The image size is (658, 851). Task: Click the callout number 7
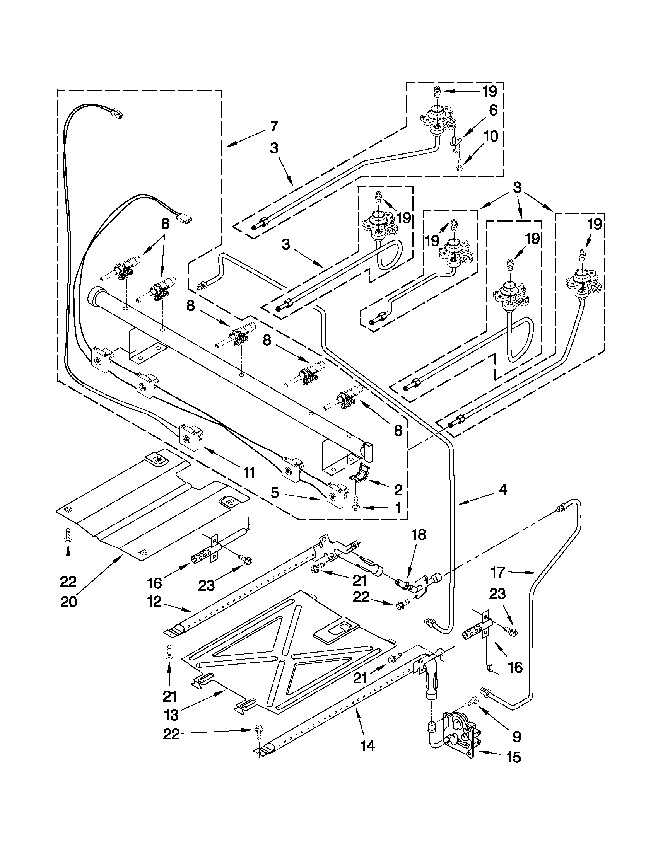(274, 127)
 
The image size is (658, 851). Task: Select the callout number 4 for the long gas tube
(503, 490)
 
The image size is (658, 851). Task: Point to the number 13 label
(171, 715)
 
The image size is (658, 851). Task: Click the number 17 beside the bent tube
(498, 572)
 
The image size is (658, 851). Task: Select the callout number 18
(419, 535)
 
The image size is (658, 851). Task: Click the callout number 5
(275, 493)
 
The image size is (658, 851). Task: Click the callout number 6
(493, 111)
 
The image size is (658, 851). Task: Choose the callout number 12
(154, 602)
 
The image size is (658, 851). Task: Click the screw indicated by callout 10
(459, 165)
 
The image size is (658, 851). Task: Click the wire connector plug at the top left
(117, 114)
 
